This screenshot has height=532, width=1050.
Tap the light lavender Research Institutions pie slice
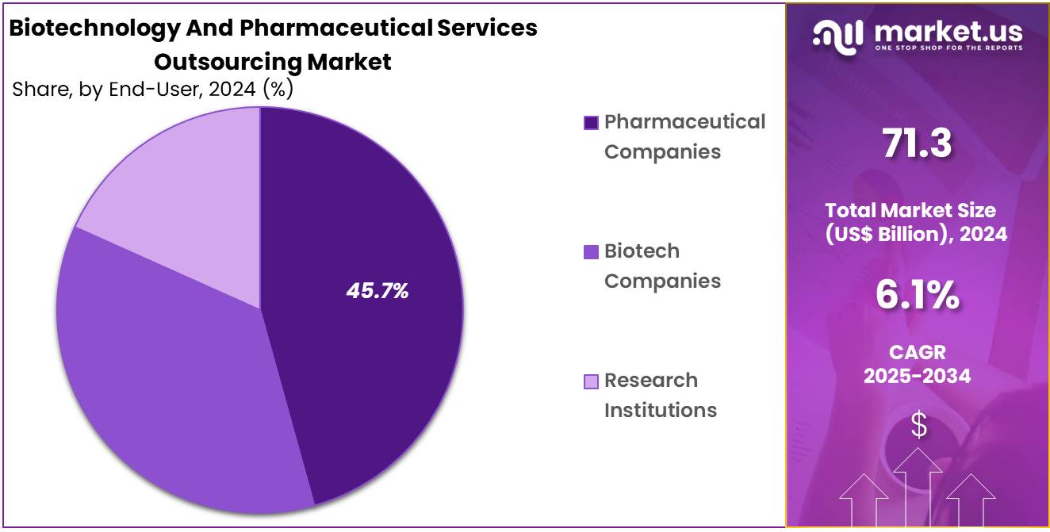[190, 182]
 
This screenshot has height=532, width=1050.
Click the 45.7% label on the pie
[377, 291]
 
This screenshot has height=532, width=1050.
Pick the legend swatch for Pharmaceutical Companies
[591, 123]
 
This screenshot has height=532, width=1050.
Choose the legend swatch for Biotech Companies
[591, 252]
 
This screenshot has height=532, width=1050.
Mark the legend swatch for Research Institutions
[591, 381]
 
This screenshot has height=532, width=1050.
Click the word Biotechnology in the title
[82, 28]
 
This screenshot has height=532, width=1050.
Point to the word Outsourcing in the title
[227, 61]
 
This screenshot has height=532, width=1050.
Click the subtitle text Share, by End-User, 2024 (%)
[153, 90]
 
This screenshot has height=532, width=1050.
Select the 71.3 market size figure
[917, 144]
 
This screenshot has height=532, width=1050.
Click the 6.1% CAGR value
[917, 296]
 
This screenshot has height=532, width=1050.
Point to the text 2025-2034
[917, 376]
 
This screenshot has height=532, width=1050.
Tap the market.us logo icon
[837, 36]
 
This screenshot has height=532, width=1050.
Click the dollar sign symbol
[918, 427]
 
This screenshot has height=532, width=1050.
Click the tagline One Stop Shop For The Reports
[948, 48]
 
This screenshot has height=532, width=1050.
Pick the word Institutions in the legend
[661, 410]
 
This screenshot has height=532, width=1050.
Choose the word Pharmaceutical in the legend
[685, 121]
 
